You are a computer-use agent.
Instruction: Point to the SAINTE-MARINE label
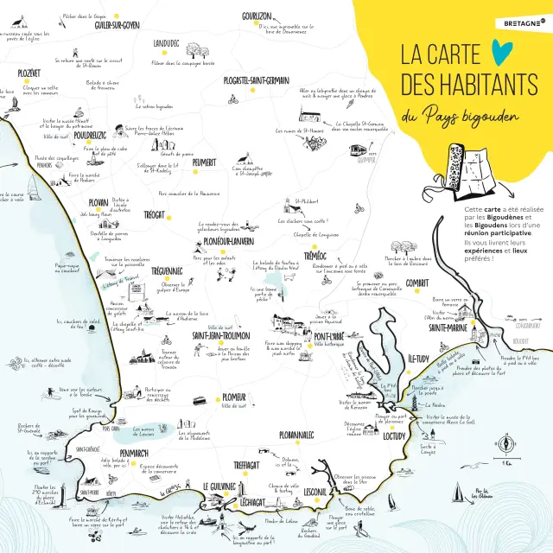[450, 327]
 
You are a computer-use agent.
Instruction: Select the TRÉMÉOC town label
[315, 257]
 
